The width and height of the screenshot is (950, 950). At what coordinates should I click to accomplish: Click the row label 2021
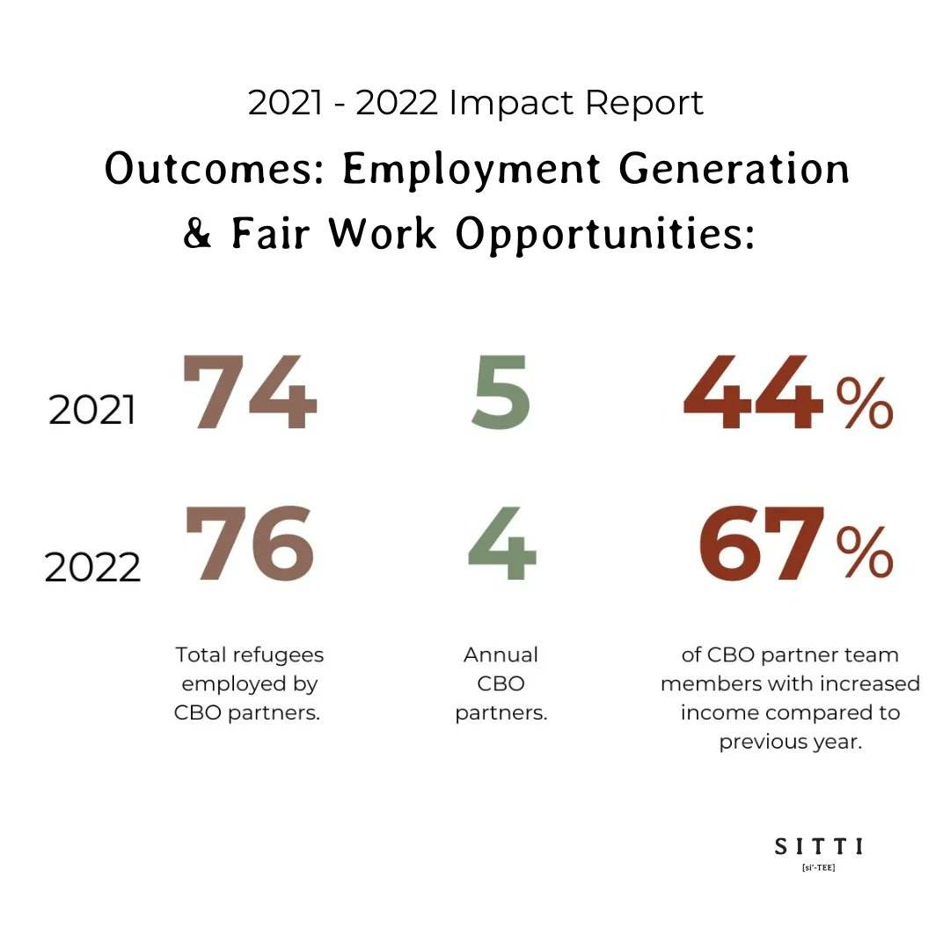pyautogui.click(x=92, y=411)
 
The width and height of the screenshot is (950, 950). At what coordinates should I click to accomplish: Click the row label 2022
pyautogui.click(x=92, y=568)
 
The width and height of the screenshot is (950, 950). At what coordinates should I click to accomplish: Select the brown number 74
pyautogui.click(x=249, y=393)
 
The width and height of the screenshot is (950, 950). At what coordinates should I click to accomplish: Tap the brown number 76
pyautogui.click(x=250, y=544)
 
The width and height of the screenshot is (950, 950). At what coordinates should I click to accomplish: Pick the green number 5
pyautogui.click(x=501, y=393)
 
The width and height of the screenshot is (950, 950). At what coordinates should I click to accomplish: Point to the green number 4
pyautogui.click(x=501, y=544)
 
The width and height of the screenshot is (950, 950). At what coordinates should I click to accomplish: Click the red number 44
pyautogui.click(x=754, y=393)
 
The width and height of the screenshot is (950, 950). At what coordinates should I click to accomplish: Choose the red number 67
pyautogui.click(x=762, y=544)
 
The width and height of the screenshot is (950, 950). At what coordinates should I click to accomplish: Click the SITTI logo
pyautogui.click(x=818, y=846)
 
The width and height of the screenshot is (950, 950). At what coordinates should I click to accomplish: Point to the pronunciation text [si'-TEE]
pyautogui.click(x=818, y=867)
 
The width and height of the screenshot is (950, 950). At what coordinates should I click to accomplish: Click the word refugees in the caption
pyautogui.click(x=278, y=655)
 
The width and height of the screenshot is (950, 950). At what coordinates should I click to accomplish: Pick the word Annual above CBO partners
pyautogui.click(x=501, y=655)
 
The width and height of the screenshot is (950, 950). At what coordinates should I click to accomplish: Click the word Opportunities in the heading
pyautogui.click(x=605, y=235)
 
